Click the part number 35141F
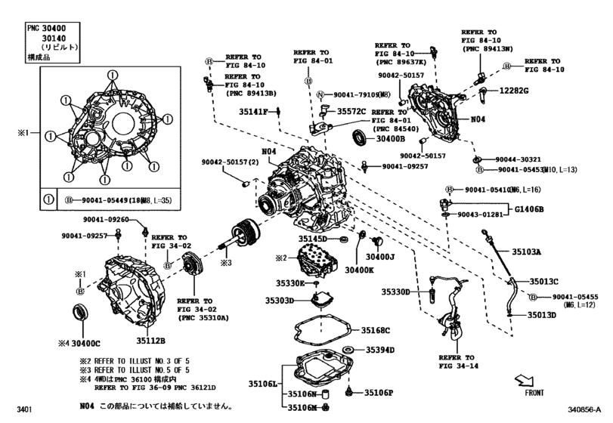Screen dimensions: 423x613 [x=254, y=112]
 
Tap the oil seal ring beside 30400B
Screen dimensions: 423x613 [x=361, y=138]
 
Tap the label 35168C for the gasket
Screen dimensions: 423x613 [x=375, y=330]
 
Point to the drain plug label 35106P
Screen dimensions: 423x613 [x=379, y=393]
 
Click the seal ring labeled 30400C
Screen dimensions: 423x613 [x=79, y=312]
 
